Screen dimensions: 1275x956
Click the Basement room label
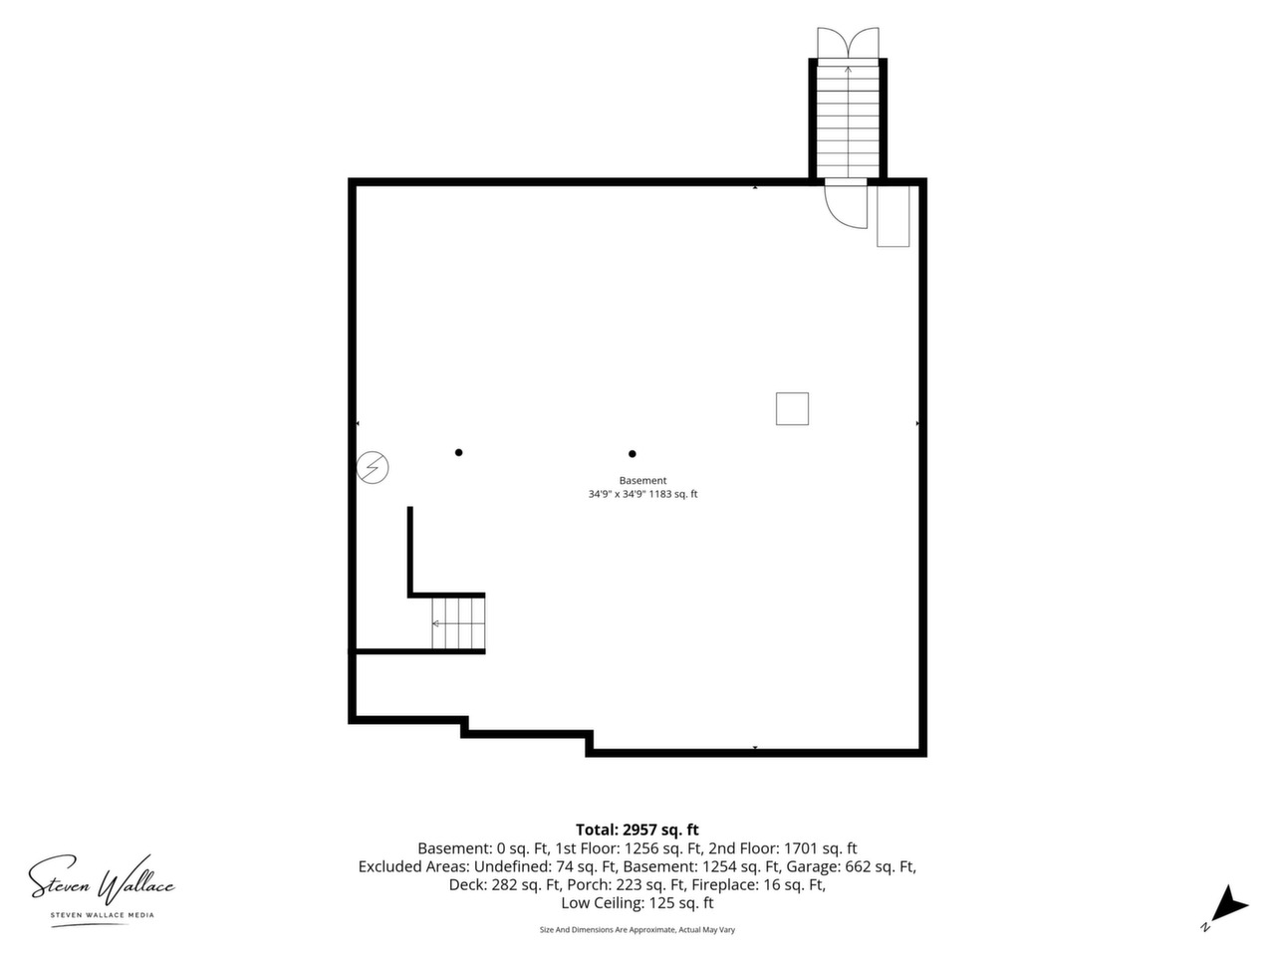coord(642,481)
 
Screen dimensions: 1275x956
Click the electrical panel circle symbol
coord(373,467)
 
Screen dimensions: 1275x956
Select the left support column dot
coord(458,453)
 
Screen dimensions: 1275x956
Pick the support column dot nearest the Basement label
coord(632,454)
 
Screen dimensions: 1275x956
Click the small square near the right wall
coord(792,409)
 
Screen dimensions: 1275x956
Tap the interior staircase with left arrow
coord(458,623)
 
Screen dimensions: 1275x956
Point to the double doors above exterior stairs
coord(848,43)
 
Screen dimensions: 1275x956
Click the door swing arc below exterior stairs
coord(835,215)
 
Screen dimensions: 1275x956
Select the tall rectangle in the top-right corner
coord(892,216)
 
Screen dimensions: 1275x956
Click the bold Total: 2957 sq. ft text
coord(637,830)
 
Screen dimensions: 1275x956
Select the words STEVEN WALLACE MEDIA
coord(103,915)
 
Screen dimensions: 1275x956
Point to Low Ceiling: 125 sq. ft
coord(637,903)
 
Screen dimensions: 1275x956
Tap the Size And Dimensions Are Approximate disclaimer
coord(637,930)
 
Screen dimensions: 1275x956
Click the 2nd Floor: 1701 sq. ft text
coord(782,848)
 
